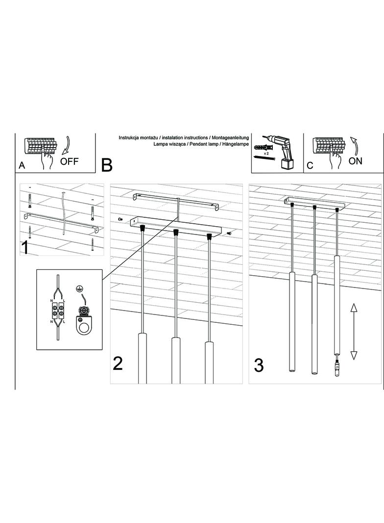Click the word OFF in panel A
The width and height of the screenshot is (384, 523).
click(69, 162)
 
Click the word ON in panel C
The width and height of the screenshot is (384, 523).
click(355, 161)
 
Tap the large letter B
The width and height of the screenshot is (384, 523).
click(107, 165)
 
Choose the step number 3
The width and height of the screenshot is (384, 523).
click(259, 365)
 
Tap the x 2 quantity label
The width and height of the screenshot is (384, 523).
click(266, 154)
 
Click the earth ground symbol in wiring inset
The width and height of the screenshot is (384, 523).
click(80, 289)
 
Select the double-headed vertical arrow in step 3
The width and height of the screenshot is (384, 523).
click(354, 331)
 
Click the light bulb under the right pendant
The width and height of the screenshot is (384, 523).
click(337, 368)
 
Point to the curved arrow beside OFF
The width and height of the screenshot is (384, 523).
click(65, 147)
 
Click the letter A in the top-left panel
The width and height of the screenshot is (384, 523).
click(22, 166)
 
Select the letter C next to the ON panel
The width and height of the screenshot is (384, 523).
click(310, 166)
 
